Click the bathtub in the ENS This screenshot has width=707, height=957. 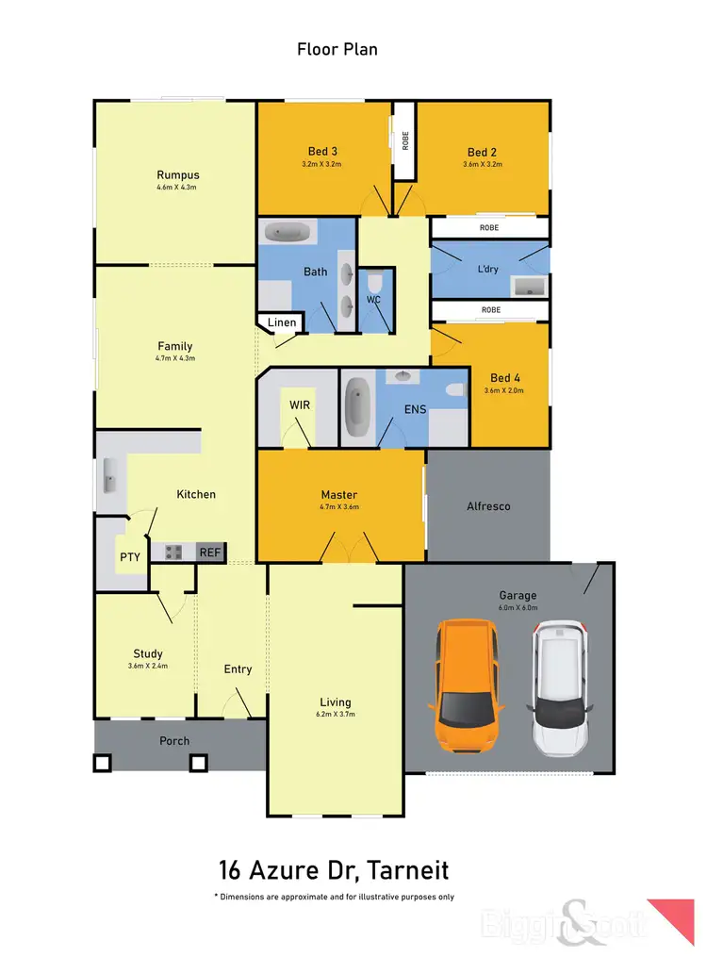coord(357,406)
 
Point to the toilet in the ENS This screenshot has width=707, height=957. coord(456,388)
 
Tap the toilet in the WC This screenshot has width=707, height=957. coord(375,284)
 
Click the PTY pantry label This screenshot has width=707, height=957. coord(130,557)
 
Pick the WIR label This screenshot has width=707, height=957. coord(299,406)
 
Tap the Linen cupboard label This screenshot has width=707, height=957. coord(282,322)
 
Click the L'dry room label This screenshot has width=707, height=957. coord(488,269)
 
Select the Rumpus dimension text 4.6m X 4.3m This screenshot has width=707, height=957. coord(177,188)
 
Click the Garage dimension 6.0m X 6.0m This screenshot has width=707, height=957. coord(518,608)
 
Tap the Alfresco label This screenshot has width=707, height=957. coord(488,506)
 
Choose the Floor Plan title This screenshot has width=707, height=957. coord(337,49)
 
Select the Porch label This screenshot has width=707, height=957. coord(174,741)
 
